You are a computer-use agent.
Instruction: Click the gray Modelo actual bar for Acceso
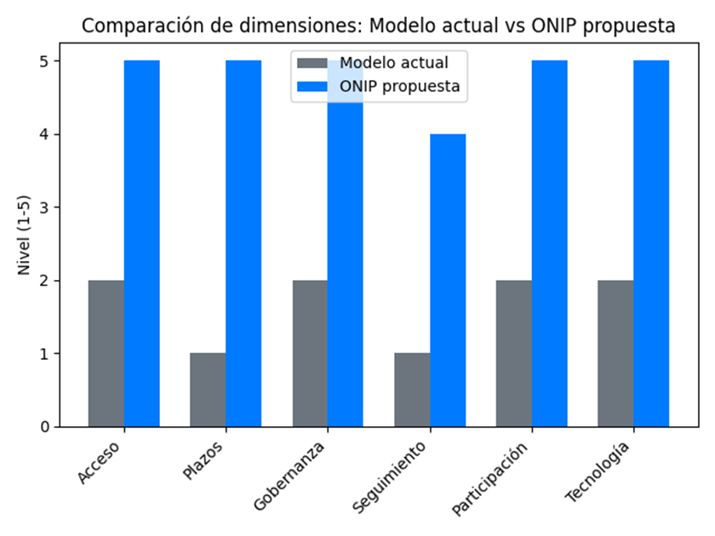tap(106, 353)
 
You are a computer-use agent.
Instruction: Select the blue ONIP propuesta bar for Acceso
tap(141, 243)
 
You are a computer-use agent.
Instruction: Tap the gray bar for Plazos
tap(208, 390)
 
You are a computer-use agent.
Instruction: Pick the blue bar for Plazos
tap(243, 243)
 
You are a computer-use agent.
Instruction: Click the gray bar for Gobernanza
tap(310, 353)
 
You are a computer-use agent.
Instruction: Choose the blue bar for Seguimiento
tap(448, 280)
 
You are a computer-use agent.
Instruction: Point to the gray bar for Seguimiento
tap(412, 390)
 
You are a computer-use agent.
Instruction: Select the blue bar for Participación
tap(549, 243)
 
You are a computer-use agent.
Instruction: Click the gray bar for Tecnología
tap(615, 353)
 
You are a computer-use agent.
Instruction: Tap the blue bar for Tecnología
tap(651, 243)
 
